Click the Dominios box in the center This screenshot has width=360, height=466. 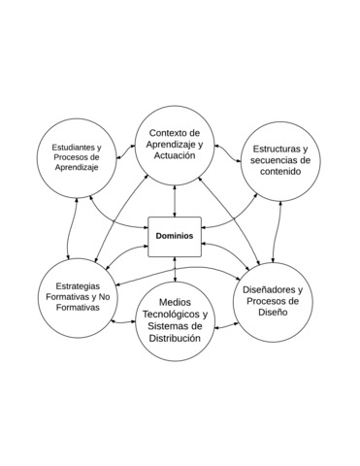[x=175, y=236]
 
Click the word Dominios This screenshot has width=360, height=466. [x=175, y=236]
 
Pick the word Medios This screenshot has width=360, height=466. [x=175, y=301]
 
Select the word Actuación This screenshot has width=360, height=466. [x=176, y=155]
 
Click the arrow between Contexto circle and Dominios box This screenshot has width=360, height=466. [x=175, y=200]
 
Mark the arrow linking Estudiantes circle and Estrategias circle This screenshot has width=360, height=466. [x=69, y=227]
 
